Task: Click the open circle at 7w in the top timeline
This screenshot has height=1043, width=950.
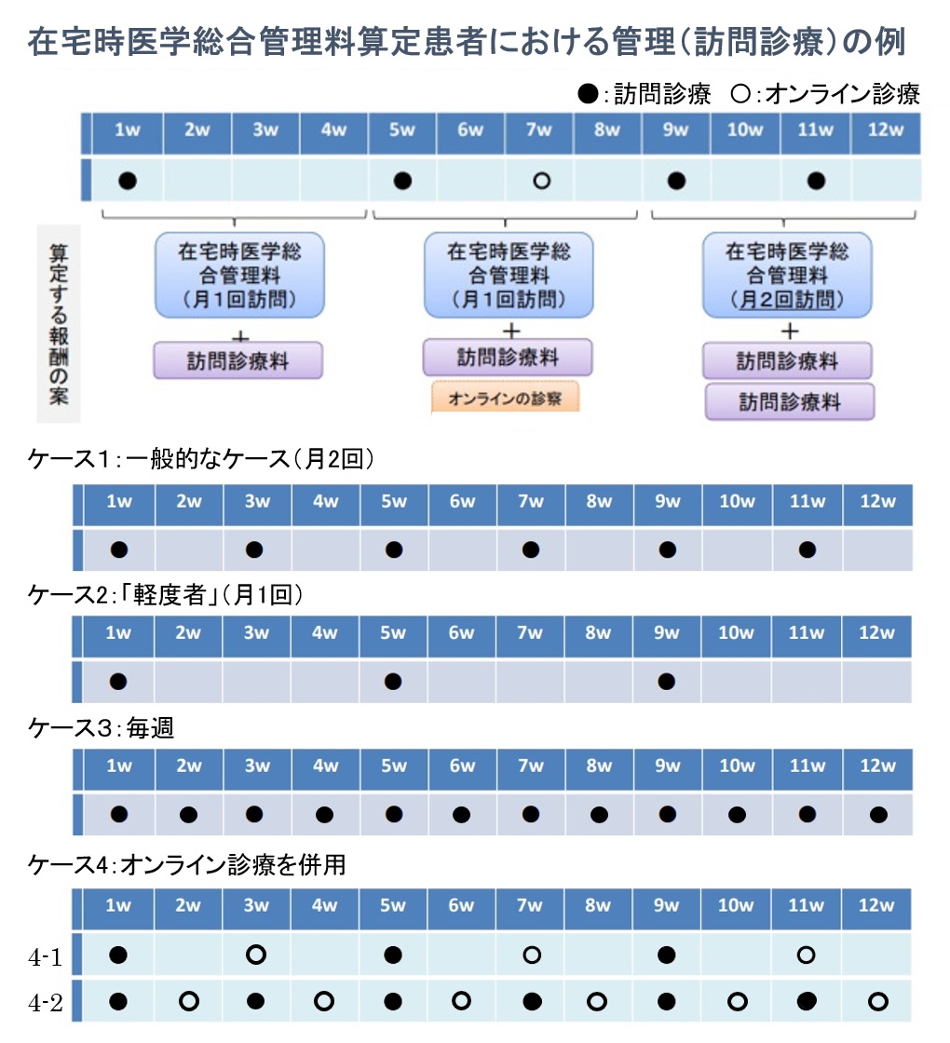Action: [541, 181]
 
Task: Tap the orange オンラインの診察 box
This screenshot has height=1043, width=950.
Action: [505, 398]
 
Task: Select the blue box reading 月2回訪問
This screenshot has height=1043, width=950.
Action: [787, 275]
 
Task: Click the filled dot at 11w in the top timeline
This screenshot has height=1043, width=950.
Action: [816, 181]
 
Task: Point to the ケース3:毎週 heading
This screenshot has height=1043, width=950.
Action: [102, 727]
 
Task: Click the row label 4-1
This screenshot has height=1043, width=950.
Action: [46, 956]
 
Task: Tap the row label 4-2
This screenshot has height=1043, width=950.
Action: [46, 1002]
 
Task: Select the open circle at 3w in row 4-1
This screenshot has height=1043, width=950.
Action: [256, 955]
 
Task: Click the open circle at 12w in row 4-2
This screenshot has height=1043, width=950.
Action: [878, 1001]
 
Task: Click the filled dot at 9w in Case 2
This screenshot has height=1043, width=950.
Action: [666, 681]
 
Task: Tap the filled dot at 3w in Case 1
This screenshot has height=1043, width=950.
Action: [254, 549]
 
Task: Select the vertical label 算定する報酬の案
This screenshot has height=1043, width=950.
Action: [59, 324]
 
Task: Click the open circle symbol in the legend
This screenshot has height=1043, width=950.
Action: [740, 94]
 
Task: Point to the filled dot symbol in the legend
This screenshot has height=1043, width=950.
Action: [588, 94]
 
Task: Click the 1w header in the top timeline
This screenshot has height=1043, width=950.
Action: [127, 129]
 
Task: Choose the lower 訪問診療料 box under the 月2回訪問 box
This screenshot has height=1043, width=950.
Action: [790, 401]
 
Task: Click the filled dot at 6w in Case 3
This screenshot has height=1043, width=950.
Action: [461, 814]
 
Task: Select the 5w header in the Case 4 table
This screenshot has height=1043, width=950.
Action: [392, 905]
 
